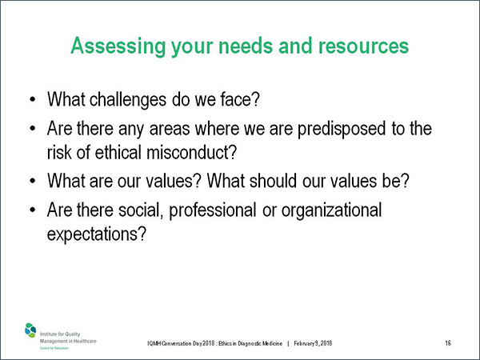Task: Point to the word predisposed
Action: (x=342, y=129)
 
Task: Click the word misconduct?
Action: (x=192, y=152)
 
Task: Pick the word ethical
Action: (x=118, y=152)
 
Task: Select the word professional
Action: (x=213, y=211)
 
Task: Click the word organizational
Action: (x=331, y=211)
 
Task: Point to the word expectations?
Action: (x=97, y=234)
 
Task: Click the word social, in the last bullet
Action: (x=141, y=210)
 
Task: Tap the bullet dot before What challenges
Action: (x=33, y=100)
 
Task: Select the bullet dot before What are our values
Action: (x=33, y=181)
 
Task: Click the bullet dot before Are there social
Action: (x=33, y=210)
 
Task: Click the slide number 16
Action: (x=448, y=343)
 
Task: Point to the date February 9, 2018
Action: (x=313, y=343)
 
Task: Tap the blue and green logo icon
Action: (x=30, y=330)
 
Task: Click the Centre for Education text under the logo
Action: (x=54, y=348)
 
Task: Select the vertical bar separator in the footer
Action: (x=288, y=343)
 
